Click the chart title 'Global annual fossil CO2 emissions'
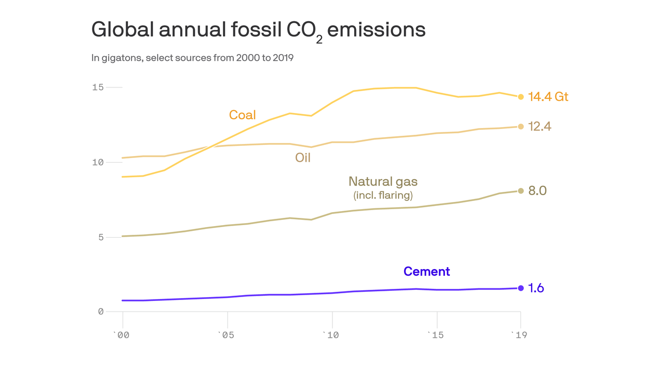click(258, 30)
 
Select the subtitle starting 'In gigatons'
click(192, 58)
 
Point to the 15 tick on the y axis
click(98, 87)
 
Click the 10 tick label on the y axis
click(98, 162)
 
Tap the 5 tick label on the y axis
click(101, 237)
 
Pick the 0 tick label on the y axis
click(101, 312)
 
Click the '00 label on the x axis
click(121, 335)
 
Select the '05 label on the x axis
click(226, 335)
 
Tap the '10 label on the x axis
click(331, 335)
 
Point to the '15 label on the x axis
click(436, 335)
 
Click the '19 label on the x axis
click(519, 335)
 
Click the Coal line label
click(242, 115)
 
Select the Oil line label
click(302, 157)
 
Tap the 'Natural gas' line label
click(383, 182)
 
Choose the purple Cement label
click(426, 271)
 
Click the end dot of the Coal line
click(521, 97)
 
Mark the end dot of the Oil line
click(521, 127)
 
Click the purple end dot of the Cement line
click(521, 288)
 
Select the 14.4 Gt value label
click(548, 97)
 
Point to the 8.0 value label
click(537, 191)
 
